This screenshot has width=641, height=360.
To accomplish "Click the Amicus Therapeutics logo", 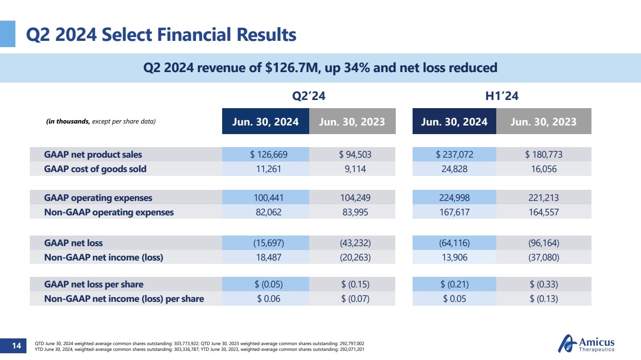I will pyautogui.click(x=586, y=345).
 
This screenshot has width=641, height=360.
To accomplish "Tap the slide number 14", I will pyautogui.click(x=17, y=346).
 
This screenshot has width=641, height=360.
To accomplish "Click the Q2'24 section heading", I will pyautogui.click(x=309, y=96).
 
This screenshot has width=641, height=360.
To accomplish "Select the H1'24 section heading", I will pyautogui.click(x=502, y=96).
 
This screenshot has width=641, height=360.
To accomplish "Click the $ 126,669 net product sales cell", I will pyautogui.click(x=265, y=155).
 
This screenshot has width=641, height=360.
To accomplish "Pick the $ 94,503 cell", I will pyautogui.click(x=355, y=155).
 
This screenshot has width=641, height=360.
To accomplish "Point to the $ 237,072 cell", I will pyautogui.click(x=454, y=155).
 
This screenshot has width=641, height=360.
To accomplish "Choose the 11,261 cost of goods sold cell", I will pyautogui.click(x=265, y=169).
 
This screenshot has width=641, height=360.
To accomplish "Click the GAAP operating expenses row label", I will pyautogui.click(x=98, y=198).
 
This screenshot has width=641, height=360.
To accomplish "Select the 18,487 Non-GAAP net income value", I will pyautogui.click(x=265, y=257).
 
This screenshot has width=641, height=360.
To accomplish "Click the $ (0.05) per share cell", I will pyautogui.click(x=265, y=284).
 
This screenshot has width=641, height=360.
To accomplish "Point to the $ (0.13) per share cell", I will pyautogui.click(x=544, y=298).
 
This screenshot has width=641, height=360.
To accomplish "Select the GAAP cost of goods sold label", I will pyautogui.click(x=95, y=169).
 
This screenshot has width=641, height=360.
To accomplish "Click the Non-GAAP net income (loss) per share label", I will pyautogui.click(x=124, y=298).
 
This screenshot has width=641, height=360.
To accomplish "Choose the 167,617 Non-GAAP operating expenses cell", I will pyautogui.click(x=454, y=211).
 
